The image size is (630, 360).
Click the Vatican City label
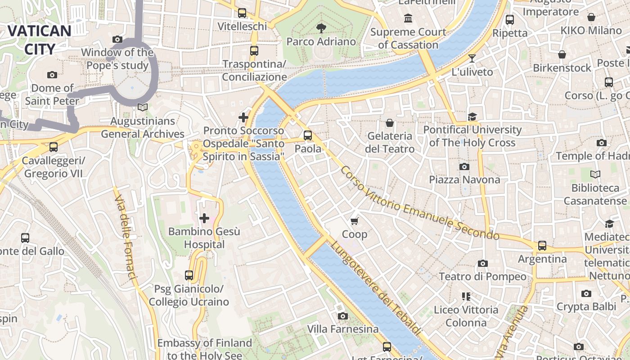coord(40,40)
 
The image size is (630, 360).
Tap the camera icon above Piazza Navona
coord(464,166)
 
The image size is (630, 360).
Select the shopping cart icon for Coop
coord(355,220)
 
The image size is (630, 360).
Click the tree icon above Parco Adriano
coord(321,28)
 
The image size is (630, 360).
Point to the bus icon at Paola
coord(308,135)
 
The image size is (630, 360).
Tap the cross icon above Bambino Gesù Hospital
coord(204,218)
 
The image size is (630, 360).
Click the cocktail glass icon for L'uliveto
coord(472,58)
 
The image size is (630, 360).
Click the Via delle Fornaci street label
coord(126,237)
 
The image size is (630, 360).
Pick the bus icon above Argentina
coord(542,246)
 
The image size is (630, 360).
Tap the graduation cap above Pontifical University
coord(472,117)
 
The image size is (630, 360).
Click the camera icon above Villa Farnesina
coord(343,316)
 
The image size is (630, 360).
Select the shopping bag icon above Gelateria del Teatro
coord(390,122)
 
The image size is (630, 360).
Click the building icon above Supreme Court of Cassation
coord(408,18)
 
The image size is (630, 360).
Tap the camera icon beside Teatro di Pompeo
coord(483,263)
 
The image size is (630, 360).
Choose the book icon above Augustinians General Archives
coord(143,107)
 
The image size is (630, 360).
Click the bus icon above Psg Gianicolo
coord(189,275)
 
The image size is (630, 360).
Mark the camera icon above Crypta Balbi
coord(586,293)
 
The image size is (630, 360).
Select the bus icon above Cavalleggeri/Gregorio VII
coord(54,147)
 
